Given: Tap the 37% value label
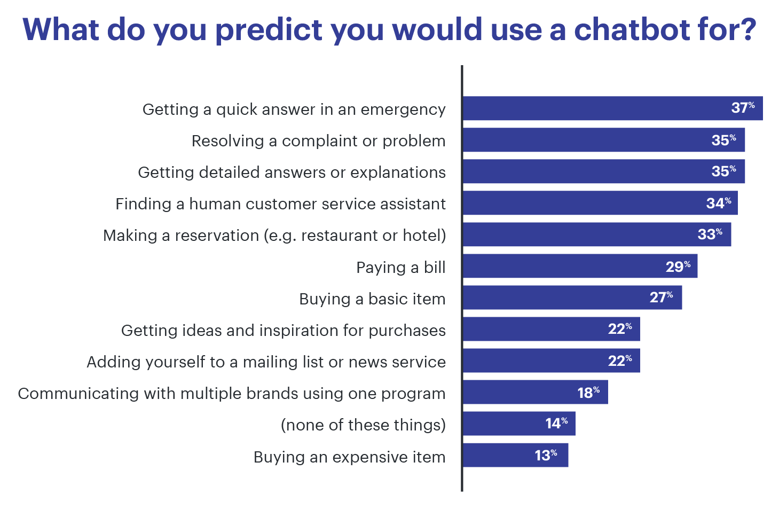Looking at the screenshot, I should click(x=743, y=108).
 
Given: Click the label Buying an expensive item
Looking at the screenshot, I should click(x=349, y=457).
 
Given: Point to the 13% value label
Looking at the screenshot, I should click(x=546, y=455).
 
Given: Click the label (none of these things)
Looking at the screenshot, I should click(x=363, y=425).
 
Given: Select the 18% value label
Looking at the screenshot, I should click(x=588, y=393).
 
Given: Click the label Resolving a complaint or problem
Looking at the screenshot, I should click(x=318, y=141).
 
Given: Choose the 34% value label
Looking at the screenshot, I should click(x=719, y=203).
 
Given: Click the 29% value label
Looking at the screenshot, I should click(x=678, y=266).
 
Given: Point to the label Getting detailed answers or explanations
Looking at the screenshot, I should click(x=292, y=173).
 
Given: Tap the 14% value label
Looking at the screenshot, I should click(x=556, y=424).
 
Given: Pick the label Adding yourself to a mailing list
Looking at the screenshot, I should click(x=266, y=362).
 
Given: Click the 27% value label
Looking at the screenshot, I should click(x=661, y=297).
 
